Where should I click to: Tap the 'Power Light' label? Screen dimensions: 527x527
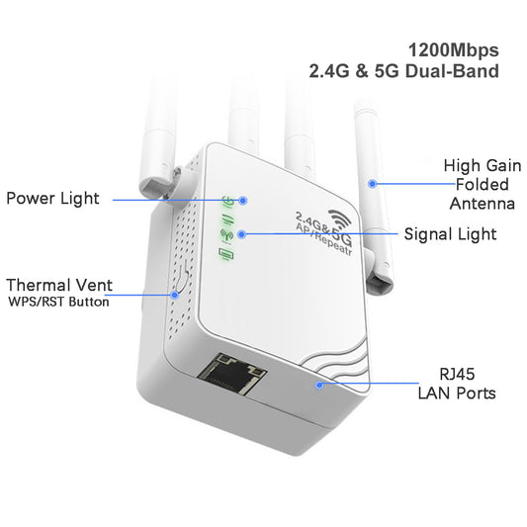point(52,199)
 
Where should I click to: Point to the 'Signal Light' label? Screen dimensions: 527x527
point(450,234)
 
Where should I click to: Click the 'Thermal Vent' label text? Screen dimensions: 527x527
point(59,285)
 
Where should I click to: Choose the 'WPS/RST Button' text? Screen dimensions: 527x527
point(58,303)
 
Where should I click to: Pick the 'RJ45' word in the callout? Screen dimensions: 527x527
point(454,375)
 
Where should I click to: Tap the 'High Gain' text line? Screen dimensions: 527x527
point(481,165)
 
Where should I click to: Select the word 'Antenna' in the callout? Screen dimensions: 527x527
point(482,204)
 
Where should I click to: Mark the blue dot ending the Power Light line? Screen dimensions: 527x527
point(243,200)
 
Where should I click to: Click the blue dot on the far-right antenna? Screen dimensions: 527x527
point(374,183)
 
